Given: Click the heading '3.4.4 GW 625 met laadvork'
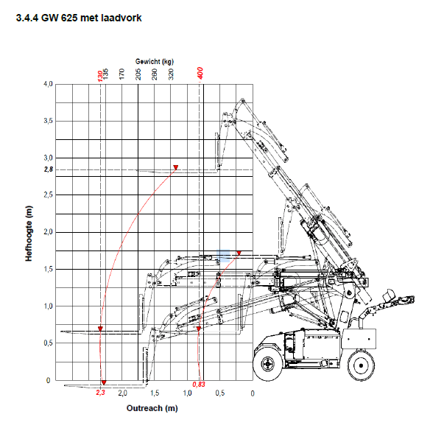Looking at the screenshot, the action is [x=79, y=18].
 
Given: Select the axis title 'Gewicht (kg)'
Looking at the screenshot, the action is [x=155, y=62].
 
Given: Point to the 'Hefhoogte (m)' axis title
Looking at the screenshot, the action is [x=29, y=234].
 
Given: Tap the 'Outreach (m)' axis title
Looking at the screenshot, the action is [x=152, y=408].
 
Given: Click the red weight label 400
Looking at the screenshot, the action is [x=200, y=74].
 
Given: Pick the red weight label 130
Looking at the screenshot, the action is [x=100, y=76].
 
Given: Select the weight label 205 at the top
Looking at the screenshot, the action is [x=138, y=74].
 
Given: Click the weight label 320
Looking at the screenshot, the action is [x=171, y=74].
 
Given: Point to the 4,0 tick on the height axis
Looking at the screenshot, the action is [x=48, y=84].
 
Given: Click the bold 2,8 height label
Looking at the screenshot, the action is [x=49, y=169].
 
